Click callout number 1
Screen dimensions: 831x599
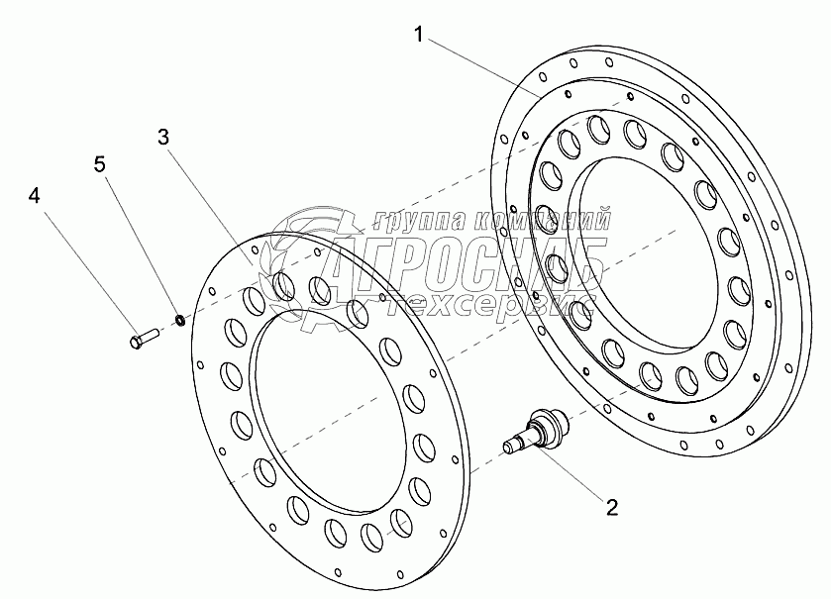coord(419,36)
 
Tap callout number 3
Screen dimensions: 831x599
coord(163,137)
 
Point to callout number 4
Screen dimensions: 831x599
coord(34,196)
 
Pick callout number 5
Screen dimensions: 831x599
coord(100,164)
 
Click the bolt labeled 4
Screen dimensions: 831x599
coord(145,339)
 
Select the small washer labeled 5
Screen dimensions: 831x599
coord(180,320)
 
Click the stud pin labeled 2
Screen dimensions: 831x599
coord(535,430)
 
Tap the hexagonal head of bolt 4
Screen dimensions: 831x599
coord(135,343)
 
